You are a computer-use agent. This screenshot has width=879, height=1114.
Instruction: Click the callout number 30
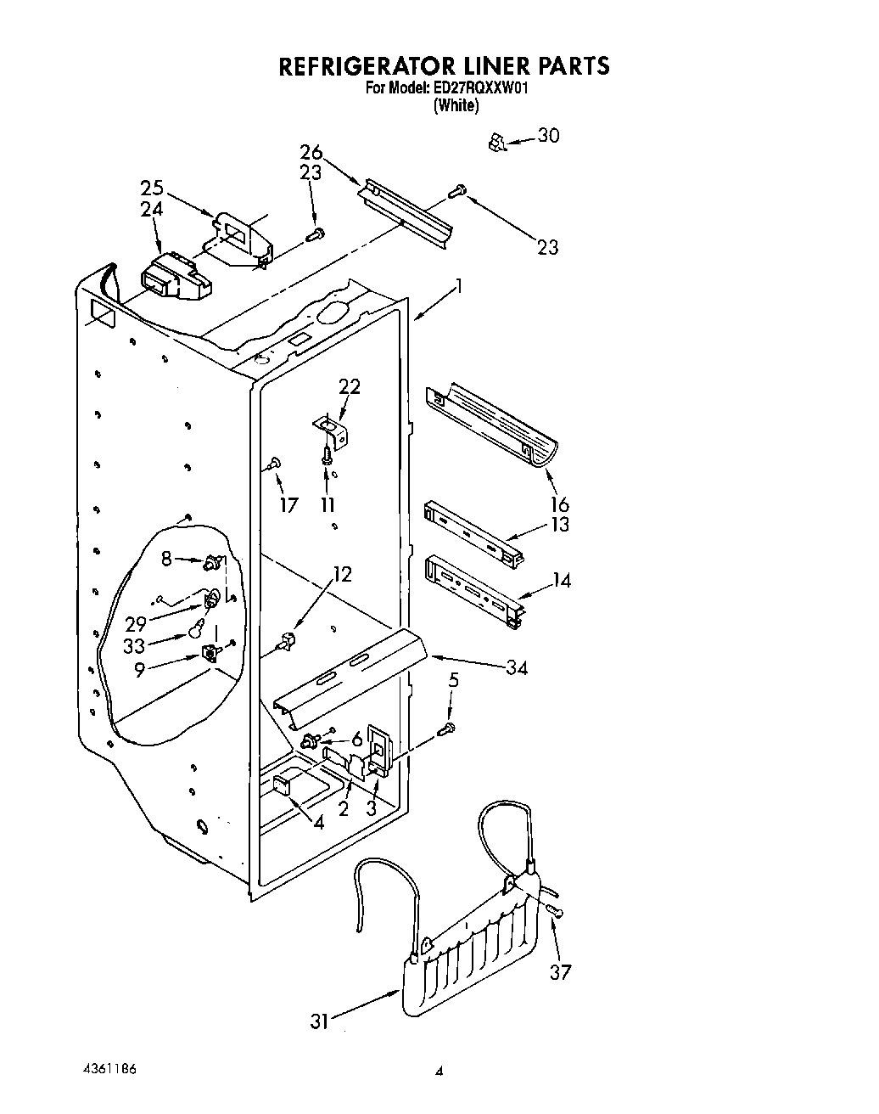pos(549,136)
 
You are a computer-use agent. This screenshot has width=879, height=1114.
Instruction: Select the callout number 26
pos(311,153)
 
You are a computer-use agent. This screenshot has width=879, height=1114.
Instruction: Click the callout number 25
pos(153,188)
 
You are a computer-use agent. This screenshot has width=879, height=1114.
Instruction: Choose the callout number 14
pos(561,581)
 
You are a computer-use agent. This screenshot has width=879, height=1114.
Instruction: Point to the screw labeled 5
pos(446,728)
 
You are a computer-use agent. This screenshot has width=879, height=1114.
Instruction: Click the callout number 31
pos(319,1022)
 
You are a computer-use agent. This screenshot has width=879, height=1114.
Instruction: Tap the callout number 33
pos(135,645)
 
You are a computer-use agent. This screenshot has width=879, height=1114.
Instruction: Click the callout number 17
pos(288,505)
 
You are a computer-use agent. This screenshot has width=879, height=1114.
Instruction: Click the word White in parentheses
pos(456,106)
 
